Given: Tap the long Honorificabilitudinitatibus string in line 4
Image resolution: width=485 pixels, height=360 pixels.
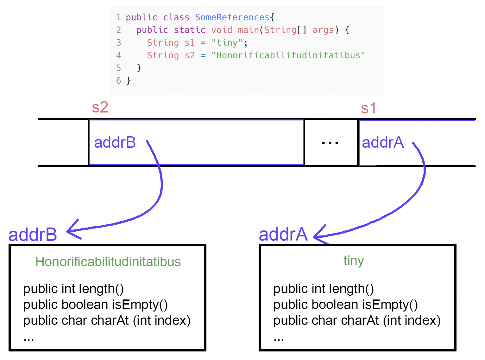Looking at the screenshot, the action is [x=288, y=55].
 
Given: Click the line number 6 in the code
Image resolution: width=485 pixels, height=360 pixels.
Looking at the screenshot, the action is [x=118, y=80].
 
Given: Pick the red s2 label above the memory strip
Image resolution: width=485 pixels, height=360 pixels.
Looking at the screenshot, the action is [x=100, y=107].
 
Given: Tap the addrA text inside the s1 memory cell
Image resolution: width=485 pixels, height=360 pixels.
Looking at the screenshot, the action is [x=382, y=142].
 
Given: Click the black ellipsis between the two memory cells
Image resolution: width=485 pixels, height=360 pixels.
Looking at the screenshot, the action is [x=330, y=143].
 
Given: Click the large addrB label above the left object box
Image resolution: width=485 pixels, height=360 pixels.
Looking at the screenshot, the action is [x=33, y=235].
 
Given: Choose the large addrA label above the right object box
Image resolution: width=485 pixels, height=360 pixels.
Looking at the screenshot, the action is [x=283, y=235].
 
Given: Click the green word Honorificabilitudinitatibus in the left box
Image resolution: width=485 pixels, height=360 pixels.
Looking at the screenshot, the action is [x=108, y=262].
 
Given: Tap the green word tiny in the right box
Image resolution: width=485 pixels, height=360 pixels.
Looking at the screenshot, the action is [x=353, y=260].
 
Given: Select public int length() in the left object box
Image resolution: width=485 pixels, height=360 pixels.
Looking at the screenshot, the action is [x=73, y=289].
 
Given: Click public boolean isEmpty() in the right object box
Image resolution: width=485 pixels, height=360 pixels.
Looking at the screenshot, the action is [x=345, y=305].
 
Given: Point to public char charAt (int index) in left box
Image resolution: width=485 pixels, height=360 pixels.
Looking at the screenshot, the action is [x=107, y=321].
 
